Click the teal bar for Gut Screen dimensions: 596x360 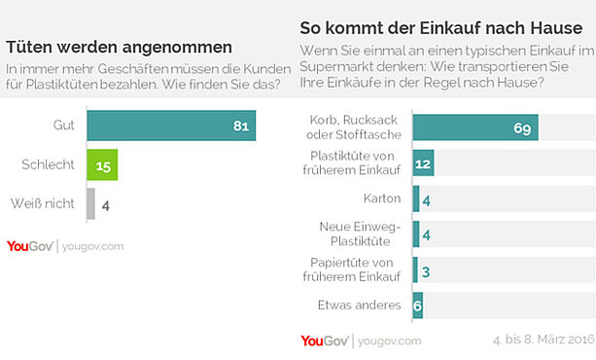coord(171,126)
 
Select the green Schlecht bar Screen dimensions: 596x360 coord(102,164)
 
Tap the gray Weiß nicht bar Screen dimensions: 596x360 coord(90,203)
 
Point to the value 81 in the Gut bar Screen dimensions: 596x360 coord(241,126)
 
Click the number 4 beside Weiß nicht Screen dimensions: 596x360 coord(106,206)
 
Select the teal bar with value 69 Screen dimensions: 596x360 coord(475,127)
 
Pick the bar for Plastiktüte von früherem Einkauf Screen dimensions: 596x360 coord(424,162)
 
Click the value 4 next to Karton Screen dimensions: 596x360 coord(427,200)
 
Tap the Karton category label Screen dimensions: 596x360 coord(382,198)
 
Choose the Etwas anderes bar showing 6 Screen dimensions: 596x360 coord(418,306)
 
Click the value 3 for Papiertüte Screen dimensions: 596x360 coord(426,271)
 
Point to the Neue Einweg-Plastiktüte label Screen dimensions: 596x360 coord(360,234)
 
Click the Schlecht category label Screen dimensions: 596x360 coord(48,164)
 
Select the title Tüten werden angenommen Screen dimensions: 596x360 coord(119,47)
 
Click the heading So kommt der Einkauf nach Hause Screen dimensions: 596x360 coord(440,28)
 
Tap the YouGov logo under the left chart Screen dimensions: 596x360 coord(29,246)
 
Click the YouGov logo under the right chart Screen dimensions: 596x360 coord(325,341)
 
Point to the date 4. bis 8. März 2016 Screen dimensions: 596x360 coord(543,339)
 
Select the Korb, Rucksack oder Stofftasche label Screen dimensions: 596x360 coord(354,127)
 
